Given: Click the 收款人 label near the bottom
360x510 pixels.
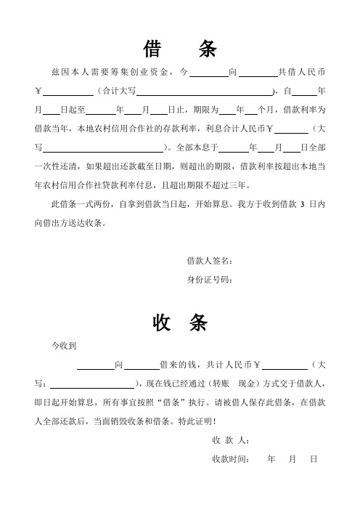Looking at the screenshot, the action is pyautogui.click(x=230, y=441).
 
